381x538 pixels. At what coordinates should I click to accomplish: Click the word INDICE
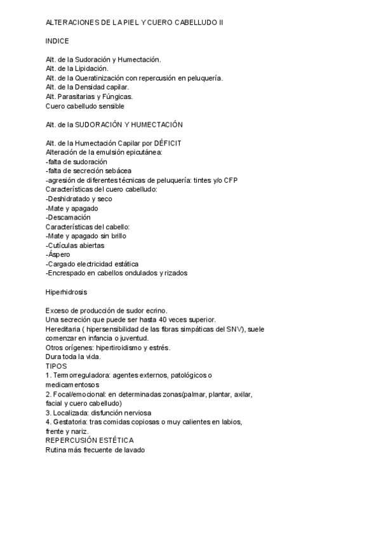[x=58, y=41]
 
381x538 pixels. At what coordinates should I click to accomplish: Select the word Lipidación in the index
[x=91, y=69]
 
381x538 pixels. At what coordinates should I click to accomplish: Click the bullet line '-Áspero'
[x=60, y=254]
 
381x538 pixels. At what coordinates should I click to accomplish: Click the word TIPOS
[x=56, y=366]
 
